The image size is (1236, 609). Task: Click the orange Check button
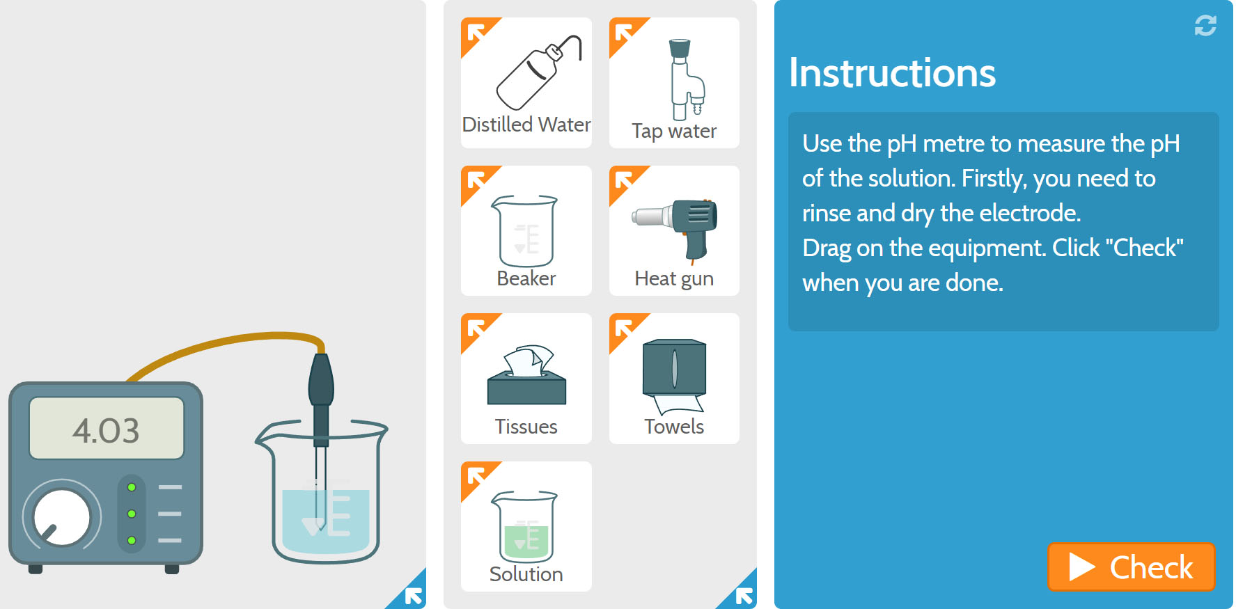pyautogui.click(x=1131, y=567)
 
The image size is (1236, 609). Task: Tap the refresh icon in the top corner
pyautogui.click(x=1205, y=26)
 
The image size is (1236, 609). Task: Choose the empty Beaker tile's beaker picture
pyautogui.click(x=526, y=231)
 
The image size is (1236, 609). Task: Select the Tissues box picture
pyautogui.click(x=526, y=378)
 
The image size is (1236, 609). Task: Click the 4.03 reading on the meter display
pyautogui.click(x=107, y=430)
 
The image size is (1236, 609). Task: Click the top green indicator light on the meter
pyautogui.click(x=132, y=487)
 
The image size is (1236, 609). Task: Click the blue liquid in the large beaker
pyautogui.click(x=348, y=522)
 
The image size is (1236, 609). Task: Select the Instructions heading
pyautogui.click(x=892, y=73)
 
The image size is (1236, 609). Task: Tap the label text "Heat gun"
pyautogui.click(x=673, y=279)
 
